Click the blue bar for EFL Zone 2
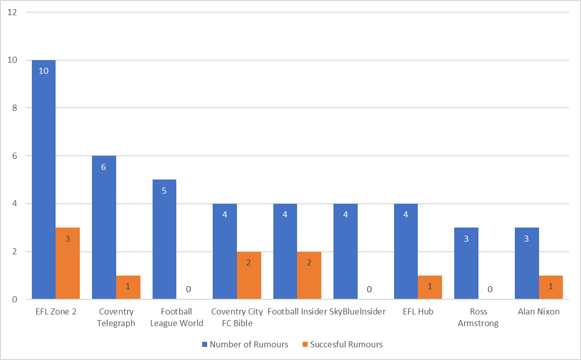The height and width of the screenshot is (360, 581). pos(43,179)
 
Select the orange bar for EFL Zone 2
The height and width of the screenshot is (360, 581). pos(68,263)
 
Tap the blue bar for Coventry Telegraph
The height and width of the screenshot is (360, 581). pos(104,228)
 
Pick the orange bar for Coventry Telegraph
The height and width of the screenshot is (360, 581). pos(128,288)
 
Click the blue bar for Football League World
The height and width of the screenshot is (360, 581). pos(164,240)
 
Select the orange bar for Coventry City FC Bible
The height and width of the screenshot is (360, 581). pos(249,276)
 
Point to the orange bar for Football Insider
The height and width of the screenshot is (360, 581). pos(309,276)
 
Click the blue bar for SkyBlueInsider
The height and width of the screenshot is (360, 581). pos(346,251)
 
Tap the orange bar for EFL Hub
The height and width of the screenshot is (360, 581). pos(430,288)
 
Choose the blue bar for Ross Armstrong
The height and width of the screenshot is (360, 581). pos(466,263)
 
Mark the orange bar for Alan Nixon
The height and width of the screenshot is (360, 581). pos(551,288)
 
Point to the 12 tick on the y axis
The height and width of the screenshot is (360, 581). pos(13,12)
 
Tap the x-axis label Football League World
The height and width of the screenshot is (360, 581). pos(176,318)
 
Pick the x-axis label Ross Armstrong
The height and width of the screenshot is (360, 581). pos(478,318)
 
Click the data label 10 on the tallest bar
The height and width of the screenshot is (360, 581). pos(43,71)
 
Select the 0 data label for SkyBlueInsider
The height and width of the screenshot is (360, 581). pos(369,290)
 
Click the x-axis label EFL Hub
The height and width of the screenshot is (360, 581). pos(418,312)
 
